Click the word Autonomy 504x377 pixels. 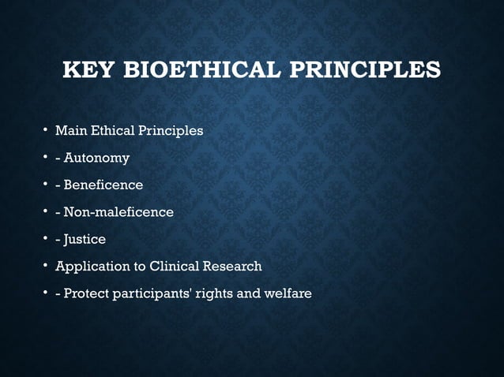point(97,158)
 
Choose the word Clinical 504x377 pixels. point(172,266)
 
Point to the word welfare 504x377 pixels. point(290,293)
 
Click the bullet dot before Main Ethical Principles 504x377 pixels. point(46,130)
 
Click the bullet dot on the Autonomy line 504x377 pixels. point(46,158)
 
